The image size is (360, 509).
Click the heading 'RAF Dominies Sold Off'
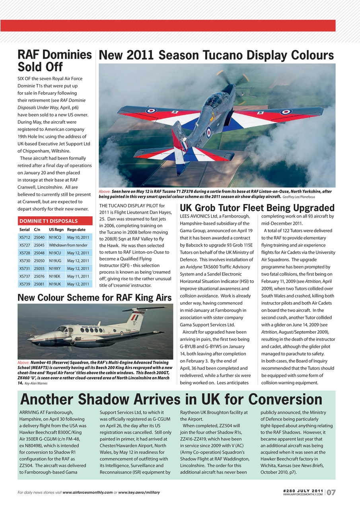(x=55, y=60)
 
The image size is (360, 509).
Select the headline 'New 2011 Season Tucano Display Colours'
(x=216, y=55)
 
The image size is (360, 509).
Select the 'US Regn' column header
(x=56, y=230)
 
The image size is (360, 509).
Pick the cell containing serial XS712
(x=25, y=237)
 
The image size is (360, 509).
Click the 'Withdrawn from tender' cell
(x=68, y=245)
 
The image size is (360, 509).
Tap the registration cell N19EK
(x=55, y=276)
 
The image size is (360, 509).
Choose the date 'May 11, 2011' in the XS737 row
(x=78, y=276)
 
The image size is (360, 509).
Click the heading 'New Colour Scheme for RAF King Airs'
(x=95, y=297)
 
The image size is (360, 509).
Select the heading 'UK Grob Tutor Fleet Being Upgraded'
(x=257, y=208)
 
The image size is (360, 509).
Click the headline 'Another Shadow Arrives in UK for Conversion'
(x=171, y=400)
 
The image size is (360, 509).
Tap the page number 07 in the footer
(x=331, y=492)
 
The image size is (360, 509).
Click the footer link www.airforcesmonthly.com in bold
(x=88, y=493)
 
